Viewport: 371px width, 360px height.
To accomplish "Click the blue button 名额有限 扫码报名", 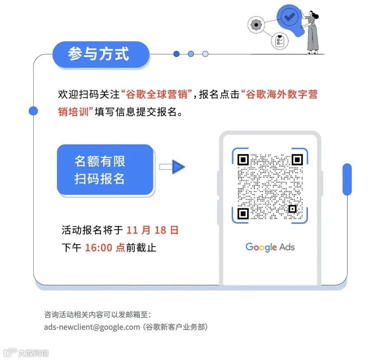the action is pos(105,170).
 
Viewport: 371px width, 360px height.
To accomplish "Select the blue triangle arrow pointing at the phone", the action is pos(178,167).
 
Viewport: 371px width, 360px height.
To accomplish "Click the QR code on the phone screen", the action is pos(270,186).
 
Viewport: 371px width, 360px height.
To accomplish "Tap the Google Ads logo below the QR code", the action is pos(270,247).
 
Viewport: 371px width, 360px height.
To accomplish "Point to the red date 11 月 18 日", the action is pos(153,230).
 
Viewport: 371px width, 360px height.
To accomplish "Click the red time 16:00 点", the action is pos(105,248).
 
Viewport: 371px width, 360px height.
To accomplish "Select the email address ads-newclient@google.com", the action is pos(92,327).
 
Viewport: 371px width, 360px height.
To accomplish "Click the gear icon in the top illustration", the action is pos(256,24).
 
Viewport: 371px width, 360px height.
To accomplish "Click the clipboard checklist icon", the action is pos(279,41).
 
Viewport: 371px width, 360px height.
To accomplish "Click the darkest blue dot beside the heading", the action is pos(176,54).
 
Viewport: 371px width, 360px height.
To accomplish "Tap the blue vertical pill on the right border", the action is pos(347,180).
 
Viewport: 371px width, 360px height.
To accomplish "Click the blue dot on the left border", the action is pos(33,111).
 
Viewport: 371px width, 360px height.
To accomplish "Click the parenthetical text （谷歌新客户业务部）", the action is pos(176,327).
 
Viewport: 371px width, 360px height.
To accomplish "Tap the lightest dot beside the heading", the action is pos(205,54).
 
